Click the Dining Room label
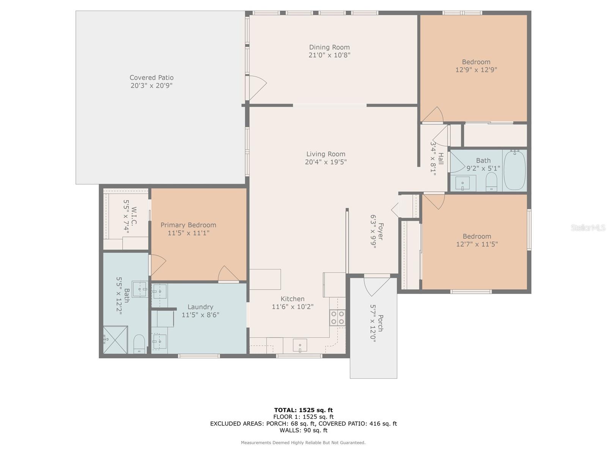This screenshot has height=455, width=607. [x=329, y=47]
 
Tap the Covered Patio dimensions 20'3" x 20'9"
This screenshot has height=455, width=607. [x=151, y=86]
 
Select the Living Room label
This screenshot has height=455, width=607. [x=326, y=154]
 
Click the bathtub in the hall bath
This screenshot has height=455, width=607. [x=514, y=170]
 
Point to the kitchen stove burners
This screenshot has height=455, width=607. [x=337, y=317]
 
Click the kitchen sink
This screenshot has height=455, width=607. [x=300, y=345]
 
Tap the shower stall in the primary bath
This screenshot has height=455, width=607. [x=115, y=340]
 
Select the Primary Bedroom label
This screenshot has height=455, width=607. [x=188, y=225]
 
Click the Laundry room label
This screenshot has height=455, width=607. [x=200, y=307]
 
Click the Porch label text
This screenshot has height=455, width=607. [x=381, y=323]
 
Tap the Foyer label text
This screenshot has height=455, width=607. [x=381, y=231]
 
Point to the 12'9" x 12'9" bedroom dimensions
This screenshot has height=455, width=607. [x=476, y=70]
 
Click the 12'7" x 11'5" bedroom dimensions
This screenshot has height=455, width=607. [x=477, y=244]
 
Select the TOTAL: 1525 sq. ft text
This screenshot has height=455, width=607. [x=303, y=410]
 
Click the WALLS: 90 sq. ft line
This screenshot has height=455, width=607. [x=303, y=430]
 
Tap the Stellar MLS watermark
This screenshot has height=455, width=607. [x=588, y=228]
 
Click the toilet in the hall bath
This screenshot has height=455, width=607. [x=491, y=182]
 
